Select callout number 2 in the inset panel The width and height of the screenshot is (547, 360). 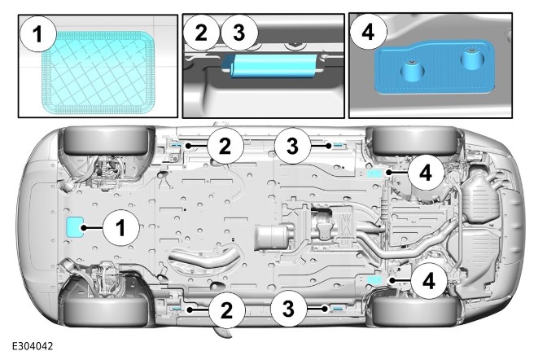[203, 33]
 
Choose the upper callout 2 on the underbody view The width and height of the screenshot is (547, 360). [225, 146]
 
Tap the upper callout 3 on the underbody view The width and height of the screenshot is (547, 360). [291, 146]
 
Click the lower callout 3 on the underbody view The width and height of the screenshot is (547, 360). [291, 310]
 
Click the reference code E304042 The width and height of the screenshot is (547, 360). [33, 347]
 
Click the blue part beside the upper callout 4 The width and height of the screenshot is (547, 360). [376, 173]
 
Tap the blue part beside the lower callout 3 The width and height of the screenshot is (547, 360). [335, 309]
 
